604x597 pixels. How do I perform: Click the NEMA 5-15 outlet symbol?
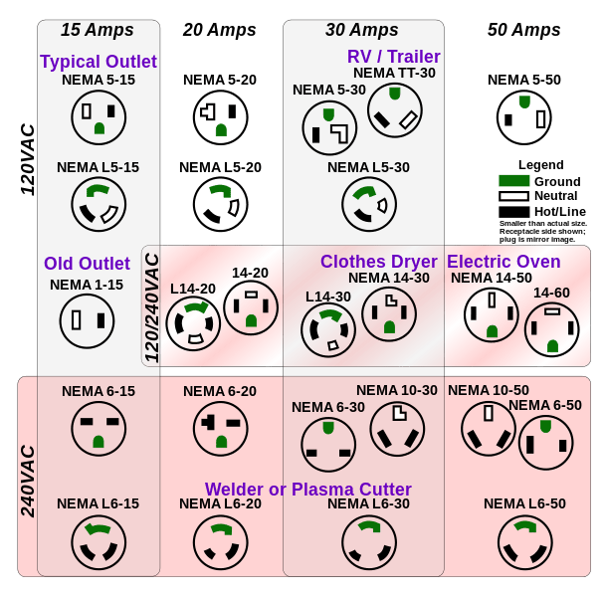tap(99, 117)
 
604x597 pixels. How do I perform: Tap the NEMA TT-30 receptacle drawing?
tap(395, 109)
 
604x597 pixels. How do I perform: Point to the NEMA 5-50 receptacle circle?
tap(523, 117)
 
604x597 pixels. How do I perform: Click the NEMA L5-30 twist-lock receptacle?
tap(369, 204)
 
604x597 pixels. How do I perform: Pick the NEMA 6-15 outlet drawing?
tap(99, 430)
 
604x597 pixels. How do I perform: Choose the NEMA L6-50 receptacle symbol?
tap(524, 542)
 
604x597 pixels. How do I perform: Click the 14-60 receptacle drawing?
tap(551, 330)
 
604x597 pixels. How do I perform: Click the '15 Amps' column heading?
tap(99, 29)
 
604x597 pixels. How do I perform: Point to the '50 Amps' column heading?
tap(524, 29)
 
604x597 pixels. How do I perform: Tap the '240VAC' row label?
tap(29, 480)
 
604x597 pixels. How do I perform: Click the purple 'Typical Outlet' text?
tap(99, 62)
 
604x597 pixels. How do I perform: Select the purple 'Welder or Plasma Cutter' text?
tap(308, 490)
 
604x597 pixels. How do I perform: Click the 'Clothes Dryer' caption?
tap(379, 262)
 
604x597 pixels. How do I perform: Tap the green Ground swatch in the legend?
tap(513, 181)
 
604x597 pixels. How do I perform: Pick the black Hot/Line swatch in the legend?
tap(513, 211)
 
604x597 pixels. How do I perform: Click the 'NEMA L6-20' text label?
tap(219, 504)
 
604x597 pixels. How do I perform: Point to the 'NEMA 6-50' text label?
tap(545, 405)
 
